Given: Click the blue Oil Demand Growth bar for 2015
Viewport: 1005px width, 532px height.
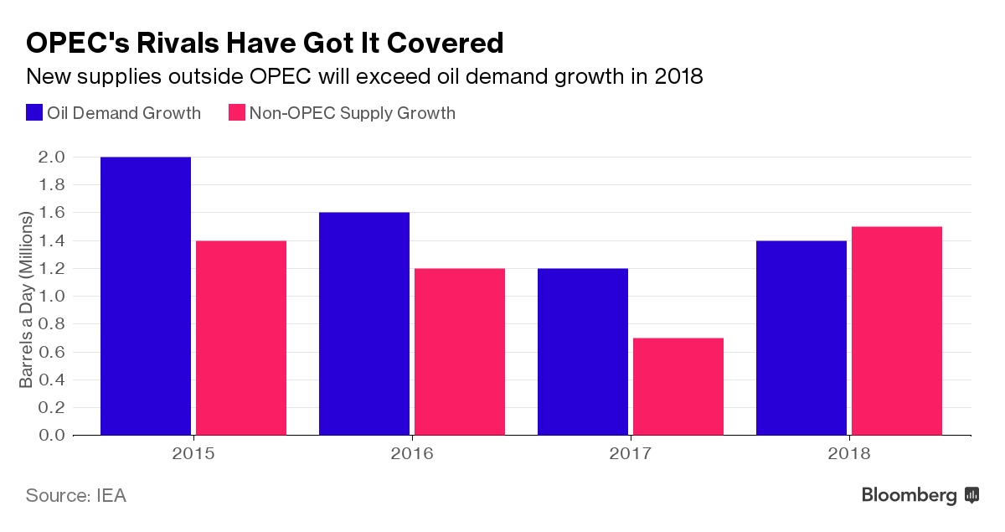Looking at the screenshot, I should (x=146, y=296).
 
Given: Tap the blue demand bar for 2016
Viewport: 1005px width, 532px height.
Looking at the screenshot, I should (x=364, y=323).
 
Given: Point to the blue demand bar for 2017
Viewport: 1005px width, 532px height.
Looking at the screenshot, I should (x=583, y=351).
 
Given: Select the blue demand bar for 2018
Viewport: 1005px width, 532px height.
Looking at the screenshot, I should (x=801, y=338).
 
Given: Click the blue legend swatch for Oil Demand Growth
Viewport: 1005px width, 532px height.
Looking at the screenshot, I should (x=34, y=113).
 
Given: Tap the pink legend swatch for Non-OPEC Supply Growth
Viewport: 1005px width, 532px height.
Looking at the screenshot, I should (x=236, y=113).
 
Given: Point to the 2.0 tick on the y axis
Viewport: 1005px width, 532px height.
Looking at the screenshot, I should (x=51, y=158).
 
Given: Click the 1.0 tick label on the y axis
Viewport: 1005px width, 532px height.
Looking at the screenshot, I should (x=51, y=297).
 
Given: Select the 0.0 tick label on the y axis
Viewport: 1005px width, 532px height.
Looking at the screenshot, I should (x=51, y=436).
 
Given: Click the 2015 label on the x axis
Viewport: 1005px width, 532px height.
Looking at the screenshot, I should (x=193, y=454).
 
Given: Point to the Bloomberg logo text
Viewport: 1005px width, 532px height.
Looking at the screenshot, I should (x=909, y=495).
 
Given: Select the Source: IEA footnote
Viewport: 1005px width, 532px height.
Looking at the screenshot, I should (x=76, y=495).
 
